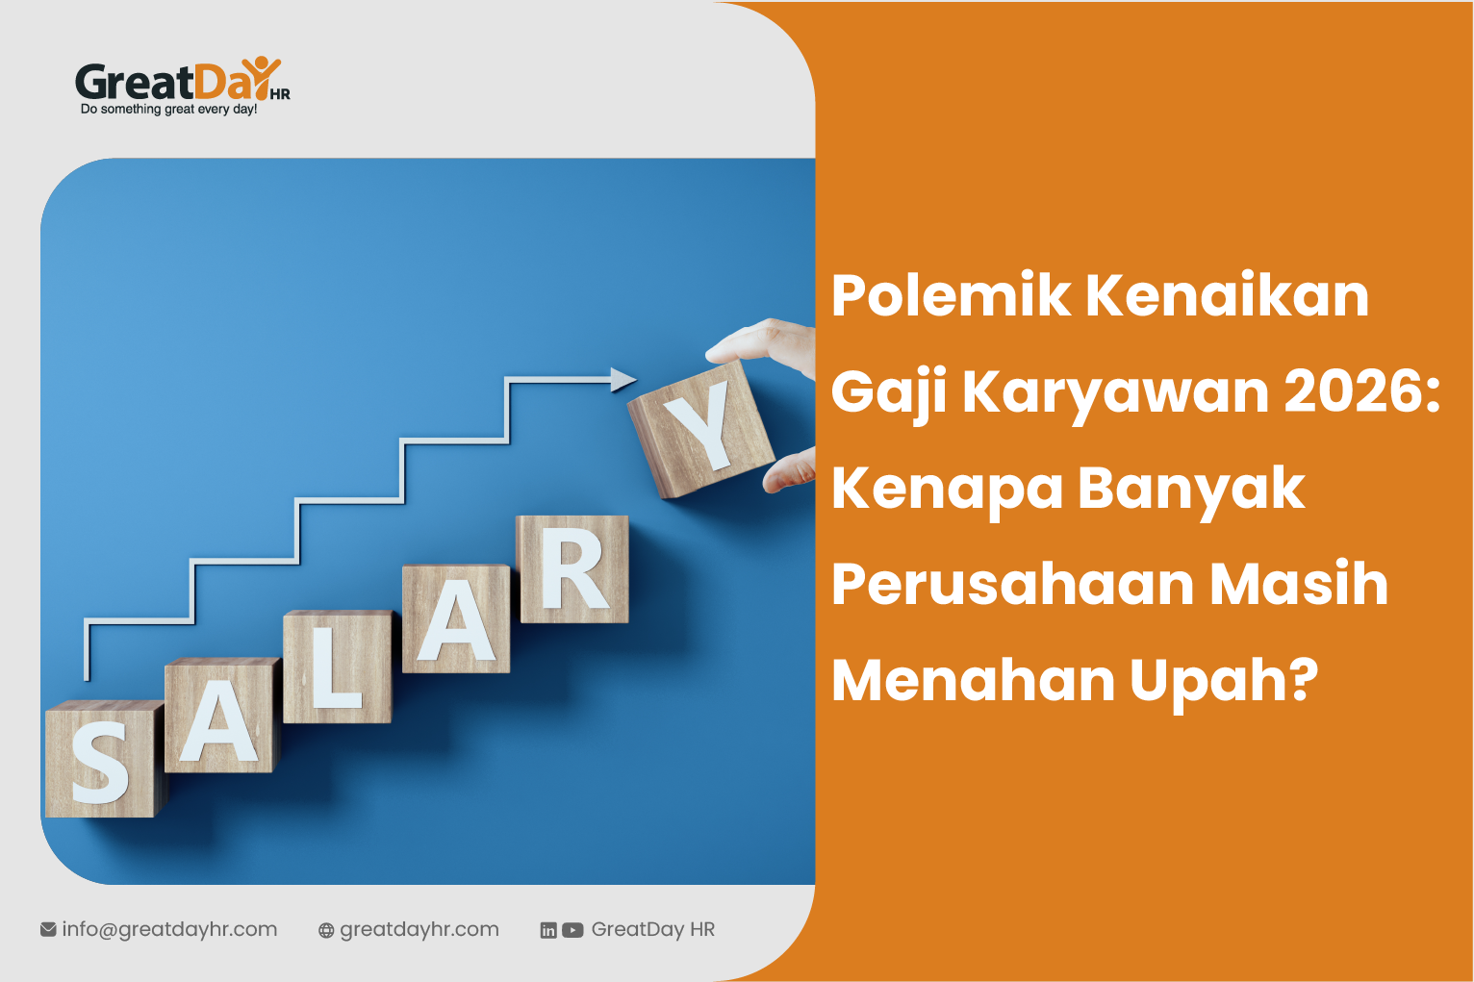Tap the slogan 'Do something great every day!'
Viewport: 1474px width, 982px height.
point(168,110)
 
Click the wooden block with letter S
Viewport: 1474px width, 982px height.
point(101,760)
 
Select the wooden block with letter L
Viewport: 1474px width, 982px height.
point(337,667)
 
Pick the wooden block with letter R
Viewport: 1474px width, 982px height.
point(573,569)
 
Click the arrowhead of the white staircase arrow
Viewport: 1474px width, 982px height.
point(623,379)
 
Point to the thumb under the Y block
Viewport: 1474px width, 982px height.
point(791,471)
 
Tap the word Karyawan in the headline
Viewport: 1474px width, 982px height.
point(1116,392)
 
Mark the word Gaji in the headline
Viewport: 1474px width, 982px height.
point(889,392)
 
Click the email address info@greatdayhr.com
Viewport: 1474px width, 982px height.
point(169,929)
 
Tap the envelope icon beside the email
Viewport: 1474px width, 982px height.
point(48,929)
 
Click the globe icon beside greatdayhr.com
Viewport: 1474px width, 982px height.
point(327,930)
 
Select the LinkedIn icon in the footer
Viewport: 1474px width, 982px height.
point(548,930)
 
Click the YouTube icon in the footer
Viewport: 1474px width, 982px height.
point(573,930)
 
